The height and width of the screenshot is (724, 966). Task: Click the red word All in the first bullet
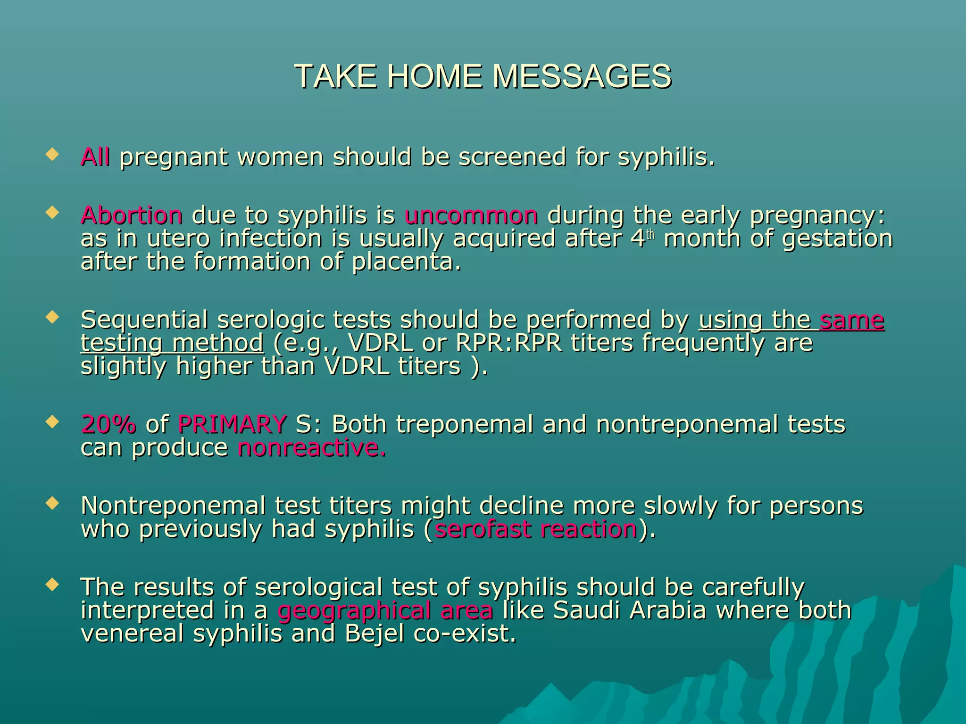coord(95,157)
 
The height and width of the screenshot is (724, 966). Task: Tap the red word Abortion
coord(132,216)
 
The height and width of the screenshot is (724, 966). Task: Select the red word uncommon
coord(471,216)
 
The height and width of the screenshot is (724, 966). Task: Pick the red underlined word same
coord(852,321)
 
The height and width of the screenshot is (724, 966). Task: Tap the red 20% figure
coord(108,424)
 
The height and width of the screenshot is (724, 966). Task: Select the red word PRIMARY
coord(232,424)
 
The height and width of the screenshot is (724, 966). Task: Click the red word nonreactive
coord(312,448)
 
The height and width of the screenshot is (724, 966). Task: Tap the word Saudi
coord(586,610)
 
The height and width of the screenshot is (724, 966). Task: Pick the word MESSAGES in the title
coord(582,76)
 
